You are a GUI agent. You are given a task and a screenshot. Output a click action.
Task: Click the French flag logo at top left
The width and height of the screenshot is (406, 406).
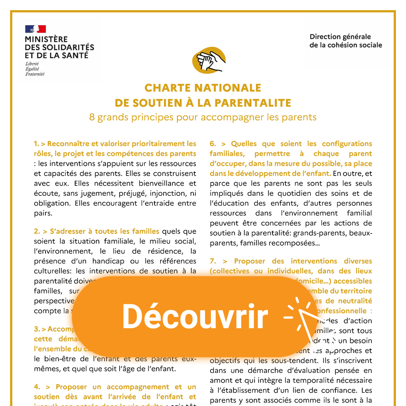pyautogui.click(x=35, y=29)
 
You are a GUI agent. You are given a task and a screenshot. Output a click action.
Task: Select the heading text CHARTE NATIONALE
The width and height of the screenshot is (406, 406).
pyautogui.click(x=203, y=88)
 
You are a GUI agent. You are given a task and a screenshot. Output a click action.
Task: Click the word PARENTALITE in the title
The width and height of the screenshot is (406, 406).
pyautogui.click(x=255, y=103)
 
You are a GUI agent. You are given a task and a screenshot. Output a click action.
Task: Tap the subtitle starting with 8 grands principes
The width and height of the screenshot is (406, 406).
pyautogui.click(x=203, y=117)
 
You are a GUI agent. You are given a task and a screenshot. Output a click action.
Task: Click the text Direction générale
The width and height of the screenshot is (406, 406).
pyautogui.click(x=340, y=37)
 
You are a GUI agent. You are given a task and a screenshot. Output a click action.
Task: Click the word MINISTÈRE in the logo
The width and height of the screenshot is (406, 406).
pyautogui.click(x=46, y=39)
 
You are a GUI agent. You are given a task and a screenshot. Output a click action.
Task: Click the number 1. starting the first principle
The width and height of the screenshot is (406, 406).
pyautogui.click(x=36, y=144)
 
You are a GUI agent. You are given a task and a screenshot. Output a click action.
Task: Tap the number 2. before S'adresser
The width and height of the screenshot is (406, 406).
pyautogui.click(x=36, y=232)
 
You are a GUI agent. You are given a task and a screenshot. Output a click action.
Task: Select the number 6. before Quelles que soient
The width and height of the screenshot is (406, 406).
pyautogui.click(x=213, y=144)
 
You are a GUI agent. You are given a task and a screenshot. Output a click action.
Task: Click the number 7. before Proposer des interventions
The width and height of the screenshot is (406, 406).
pyautogui.click(x=213, y=261)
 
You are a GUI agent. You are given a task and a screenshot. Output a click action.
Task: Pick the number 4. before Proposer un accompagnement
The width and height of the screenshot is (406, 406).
pyautogui.click(x=36, y=387)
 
